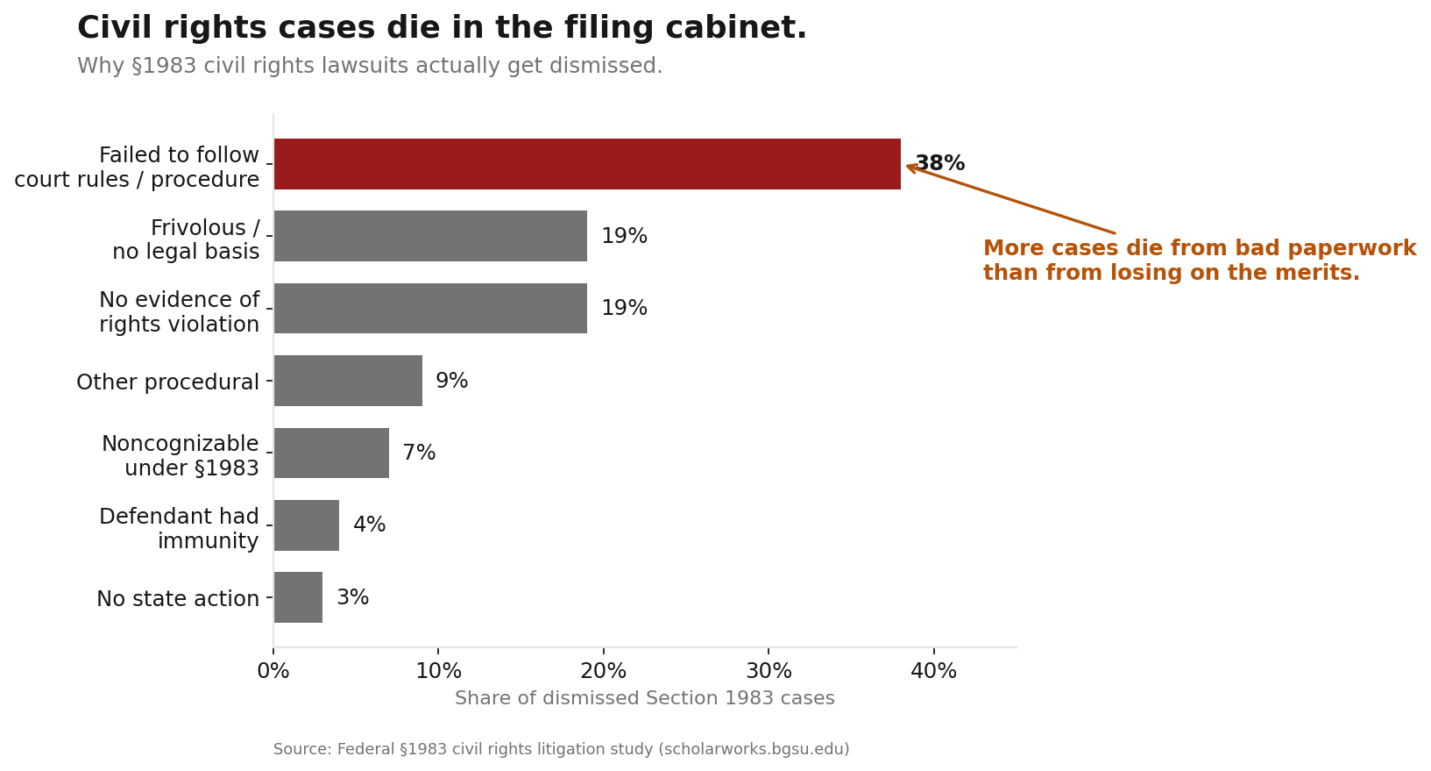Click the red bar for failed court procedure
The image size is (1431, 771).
(587, 164)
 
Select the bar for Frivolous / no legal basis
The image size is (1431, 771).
(430, 236)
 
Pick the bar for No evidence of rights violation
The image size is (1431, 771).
(430, 309)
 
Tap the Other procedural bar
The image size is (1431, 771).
(348, 381)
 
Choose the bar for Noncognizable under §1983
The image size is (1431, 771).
(331, 453)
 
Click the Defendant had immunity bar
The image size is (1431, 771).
(307, 525)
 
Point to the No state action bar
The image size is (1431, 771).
(298, 597)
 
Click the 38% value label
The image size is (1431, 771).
(939, 164)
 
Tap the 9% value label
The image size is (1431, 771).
(451, 382)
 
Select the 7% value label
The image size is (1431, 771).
(419, 453)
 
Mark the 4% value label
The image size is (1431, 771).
(369, 525)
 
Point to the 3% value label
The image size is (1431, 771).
(352, 598)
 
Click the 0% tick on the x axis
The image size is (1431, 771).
(273, 672)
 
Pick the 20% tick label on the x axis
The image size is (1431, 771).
(604, 672)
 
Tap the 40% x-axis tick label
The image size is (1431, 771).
(934, 672)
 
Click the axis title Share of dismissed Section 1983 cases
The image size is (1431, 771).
(644, 699)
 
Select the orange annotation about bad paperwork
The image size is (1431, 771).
(1199, 261)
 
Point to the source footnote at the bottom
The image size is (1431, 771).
(561, 750)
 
